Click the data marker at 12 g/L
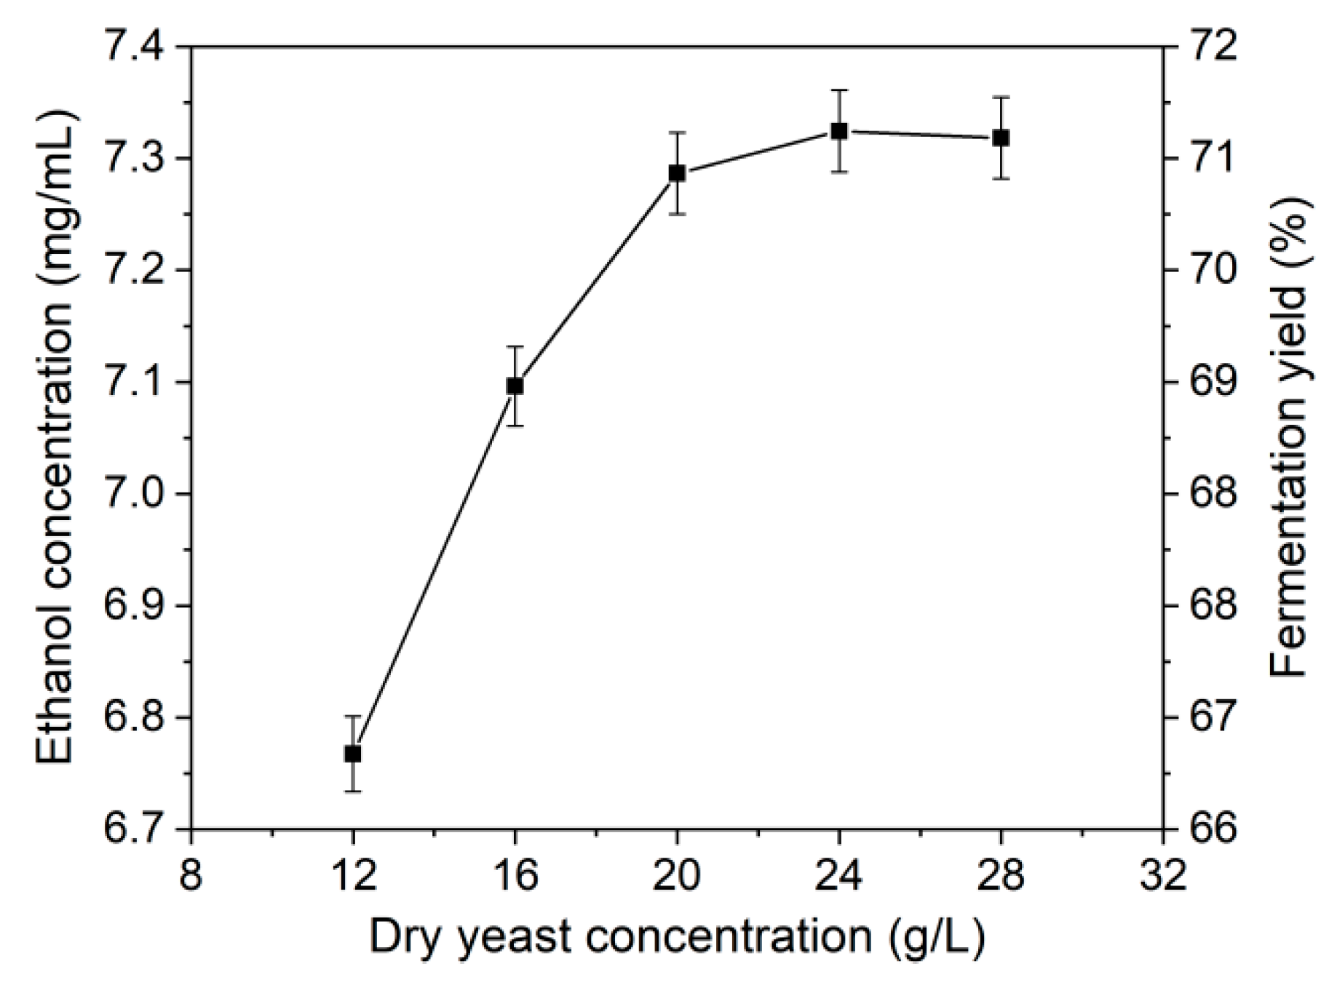click(353, 754)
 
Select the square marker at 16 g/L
click(515, 386)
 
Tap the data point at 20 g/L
click(677, 173)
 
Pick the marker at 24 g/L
click(838, 131)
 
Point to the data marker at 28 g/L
click(1001, 137)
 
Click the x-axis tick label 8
click(191, 874)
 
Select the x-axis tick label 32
click(1163, 874)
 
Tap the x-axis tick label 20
click(677, 874)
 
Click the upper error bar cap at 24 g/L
click(838, 90)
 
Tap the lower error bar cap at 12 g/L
click(353, 791)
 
